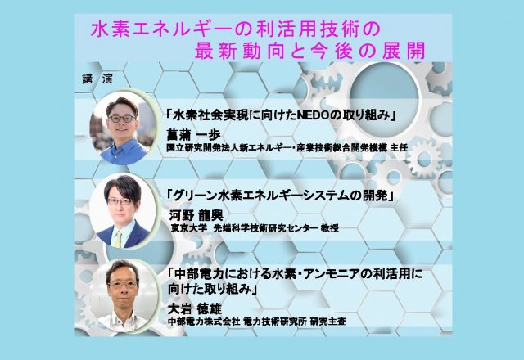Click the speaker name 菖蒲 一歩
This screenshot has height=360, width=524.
point(193,135)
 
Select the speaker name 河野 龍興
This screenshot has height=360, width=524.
point(196,215)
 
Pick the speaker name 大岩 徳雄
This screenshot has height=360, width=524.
point(195,309)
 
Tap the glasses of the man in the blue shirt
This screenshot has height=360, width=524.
point(122,118)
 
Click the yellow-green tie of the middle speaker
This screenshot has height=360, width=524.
point(118,239)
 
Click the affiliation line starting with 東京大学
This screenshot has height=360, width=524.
point(255,228)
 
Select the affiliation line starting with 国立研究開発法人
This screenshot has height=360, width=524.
point(287,147)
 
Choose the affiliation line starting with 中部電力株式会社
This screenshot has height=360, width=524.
point(256,322)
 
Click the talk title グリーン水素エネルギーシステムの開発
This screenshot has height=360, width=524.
point(280,196)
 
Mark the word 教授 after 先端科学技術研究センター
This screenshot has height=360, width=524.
point(329,228)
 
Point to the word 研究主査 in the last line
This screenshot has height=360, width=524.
point(327,322)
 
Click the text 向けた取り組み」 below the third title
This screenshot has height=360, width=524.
point(212,289)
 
